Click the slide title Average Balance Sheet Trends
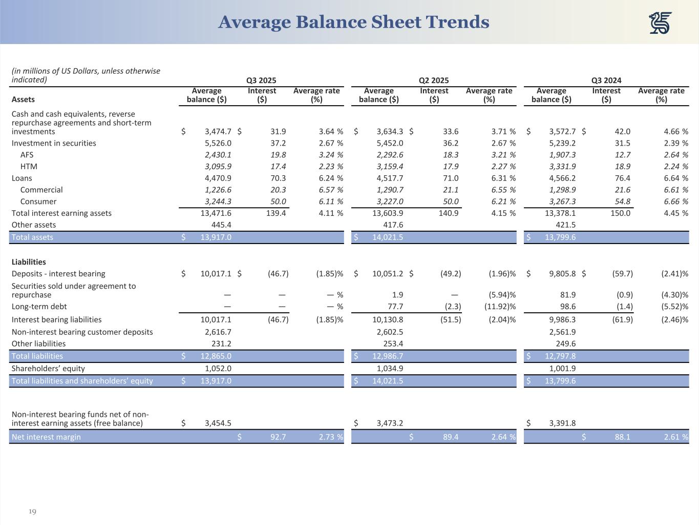click(353, 22)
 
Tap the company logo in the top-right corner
click(660, 23)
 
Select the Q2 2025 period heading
click(433, 80)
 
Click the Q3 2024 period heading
click(606, 80)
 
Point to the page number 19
click(32, 512)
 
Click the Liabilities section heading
click(29, 262)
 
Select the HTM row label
click(29, 167)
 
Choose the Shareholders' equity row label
click(48, 369)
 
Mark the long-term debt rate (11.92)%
click(500, 307)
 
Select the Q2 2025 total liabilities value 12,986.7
click(388, 356)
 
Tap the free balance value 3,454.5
click(218, 423)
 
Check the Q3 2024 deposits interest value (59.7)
click(622, 274)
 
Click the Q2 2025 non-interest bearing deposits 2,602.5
click(390, 332)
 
